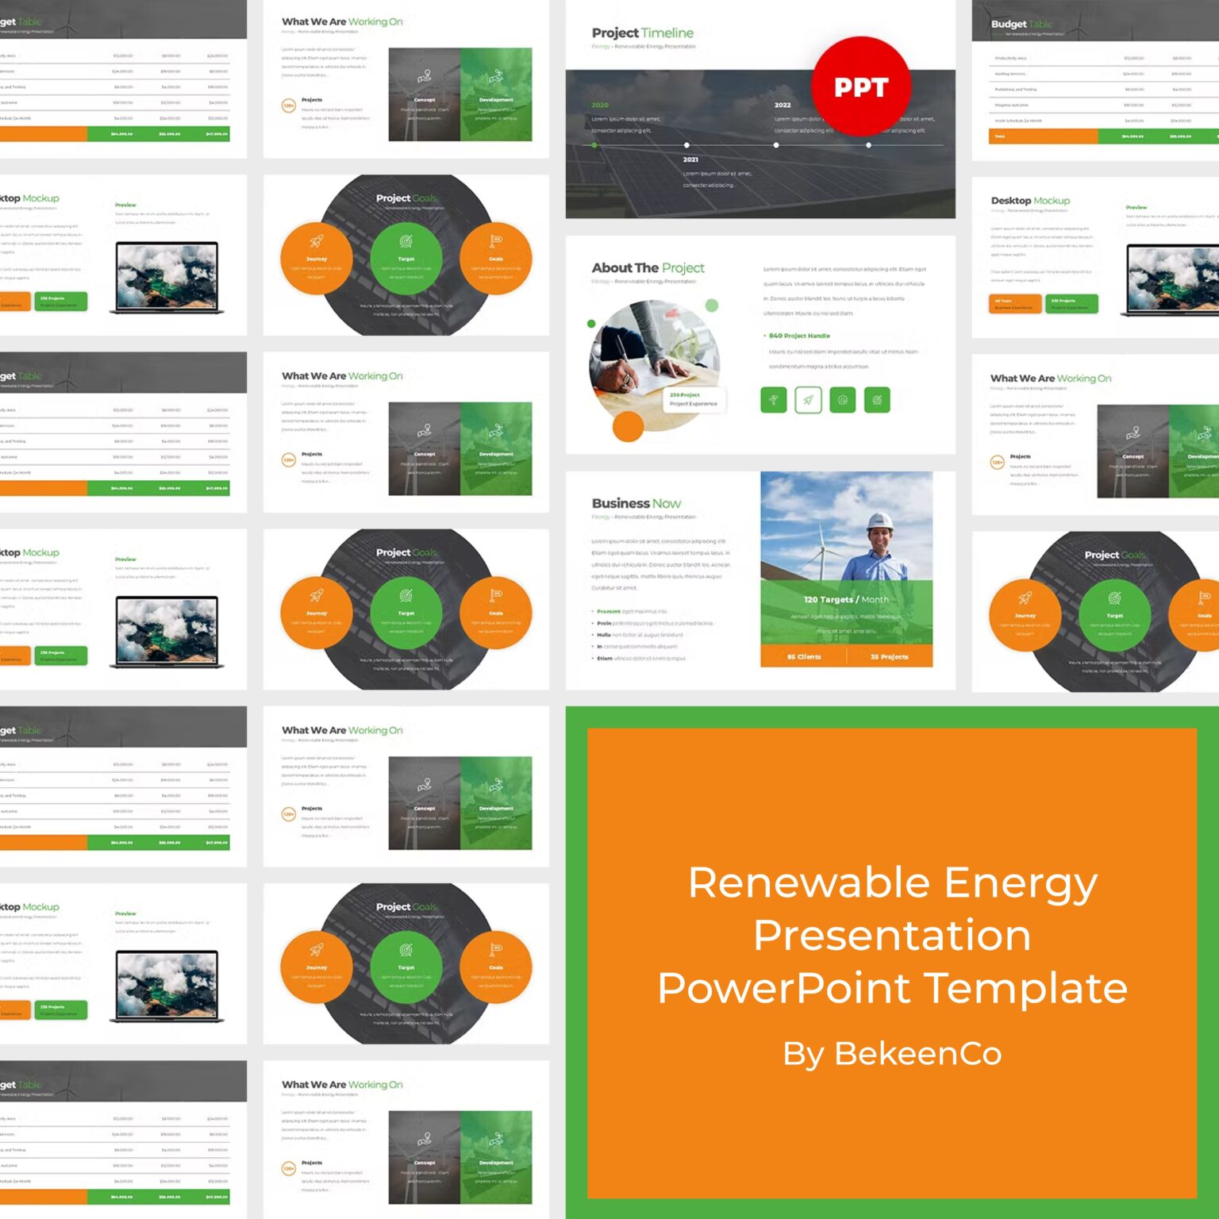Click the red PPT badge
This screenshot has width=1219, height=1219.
pos(861,86)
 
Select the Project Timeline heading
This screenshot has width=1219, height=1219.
pos(642,33)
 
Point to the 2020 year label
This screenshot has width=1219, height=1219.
pos(600,105)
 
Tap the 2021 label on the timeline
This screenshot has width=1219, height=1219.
pos(690,160)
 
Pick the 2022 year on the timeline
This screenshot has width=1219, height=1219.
pos(783,105)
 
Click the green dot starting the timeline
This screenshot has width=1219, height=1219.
pos(594,145)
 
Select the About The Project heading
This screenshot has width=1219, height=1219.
pos(648,268)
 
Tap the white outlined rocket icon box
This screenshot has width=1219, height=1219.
pos(807,400)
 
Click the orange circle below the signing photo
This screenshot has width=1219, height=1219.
pos(628,426)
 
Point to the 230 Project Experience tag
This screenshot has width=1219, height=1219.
pos(693,399)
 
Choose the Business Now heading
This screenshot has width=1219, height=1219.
pos(636,503)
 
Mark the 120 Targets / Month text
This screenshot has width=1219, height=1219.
pos(846,600)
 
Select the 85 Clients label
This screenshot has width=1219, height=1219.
pos(804,657)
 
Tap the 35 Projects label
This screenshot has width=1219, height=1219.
pos(889,657)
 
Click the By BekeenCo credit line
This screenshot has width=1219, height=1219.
pos(892,1054)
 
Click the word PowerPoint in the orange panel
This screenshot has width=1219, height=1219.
pos(784,988)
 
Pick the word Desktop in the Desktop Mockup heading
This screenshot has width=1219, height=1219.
pos(1010,201)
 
